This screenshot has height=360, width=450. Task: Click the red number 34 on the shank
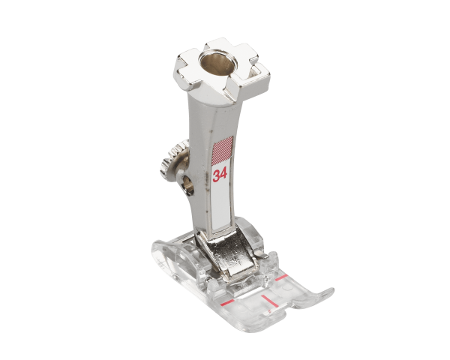pos(220,175)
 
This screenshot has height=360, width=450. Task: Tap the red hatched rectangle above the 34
pos(223,148)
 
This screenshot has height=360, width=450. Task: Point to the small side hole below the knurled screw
pos(187,185)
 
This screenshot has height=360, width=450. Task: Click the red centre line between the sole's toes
pos(269,301)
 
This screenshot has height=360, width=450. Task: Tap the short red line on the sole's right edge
pos(281,277)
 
